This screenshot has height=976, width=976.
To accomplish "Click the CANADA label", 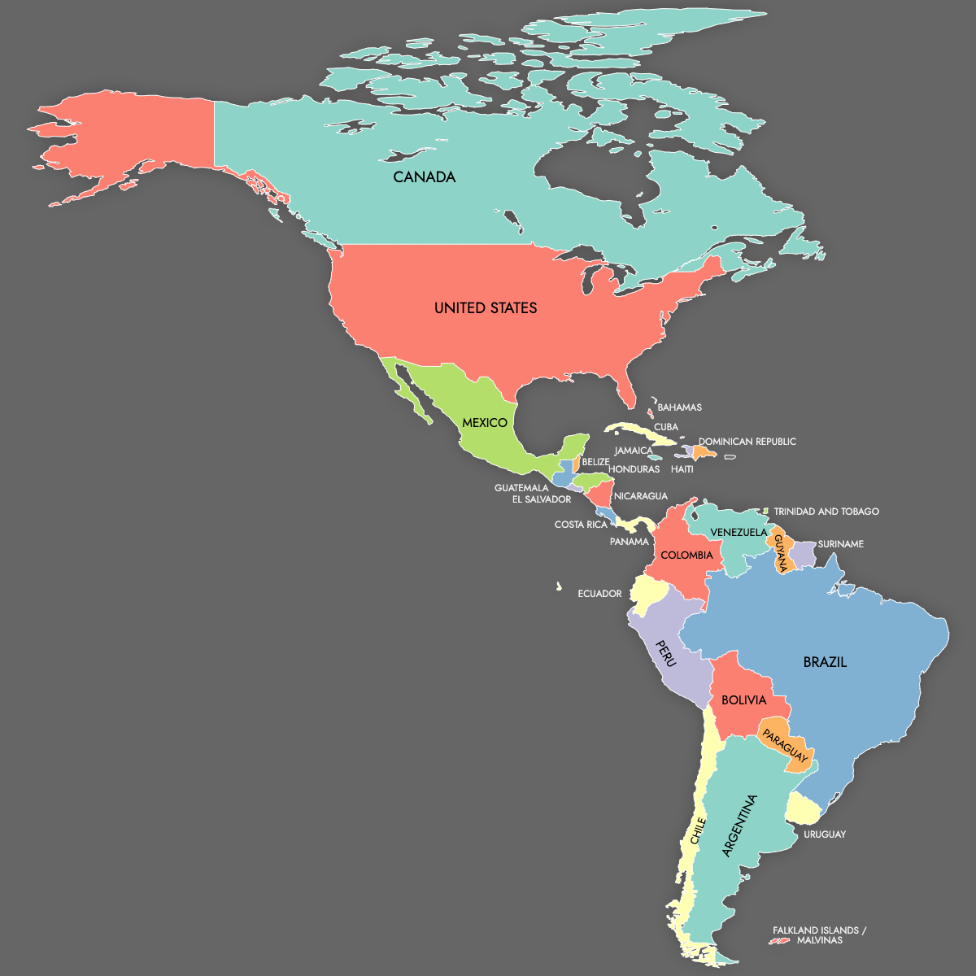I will pos(424,177).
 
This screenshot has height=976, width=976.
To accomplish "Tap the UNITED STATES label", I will pos(486,308).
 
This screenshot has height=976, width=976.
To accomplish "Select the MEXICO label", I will pos(485,423).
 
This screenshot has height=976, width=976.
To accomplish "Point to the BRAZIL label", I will pos(825,662).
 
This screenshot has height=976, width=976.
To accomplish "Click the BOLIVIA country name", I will pos(743,700).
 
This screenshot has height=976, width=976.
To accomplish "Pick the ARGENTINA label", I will pos(739,826).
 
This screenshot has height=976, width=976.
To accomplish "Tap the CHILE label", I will pos(697,831).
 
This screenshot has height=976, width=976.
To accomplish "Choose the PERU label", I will pos(666,652).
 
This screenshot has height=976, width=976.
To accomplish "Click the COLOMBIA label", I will pos(686,556).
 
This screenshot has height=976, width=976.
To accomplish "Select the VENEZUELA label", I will pos(739,533).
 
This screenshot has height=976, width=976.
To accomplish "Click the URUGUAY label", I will pos(825,834).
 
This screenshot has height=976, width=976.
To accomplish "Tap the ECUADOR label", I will pos(599,594).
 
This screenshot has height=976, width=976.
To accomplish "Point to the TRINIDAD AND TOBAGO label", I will pos(826,512).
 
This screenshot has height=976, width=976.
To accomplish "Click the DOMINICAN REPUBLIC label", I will pos(747,442).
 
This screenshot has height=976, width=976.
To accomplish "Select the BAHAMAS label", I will pos(679,407).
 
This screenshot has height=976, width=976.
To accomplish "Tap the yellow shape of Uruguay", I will pos(803,808).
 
